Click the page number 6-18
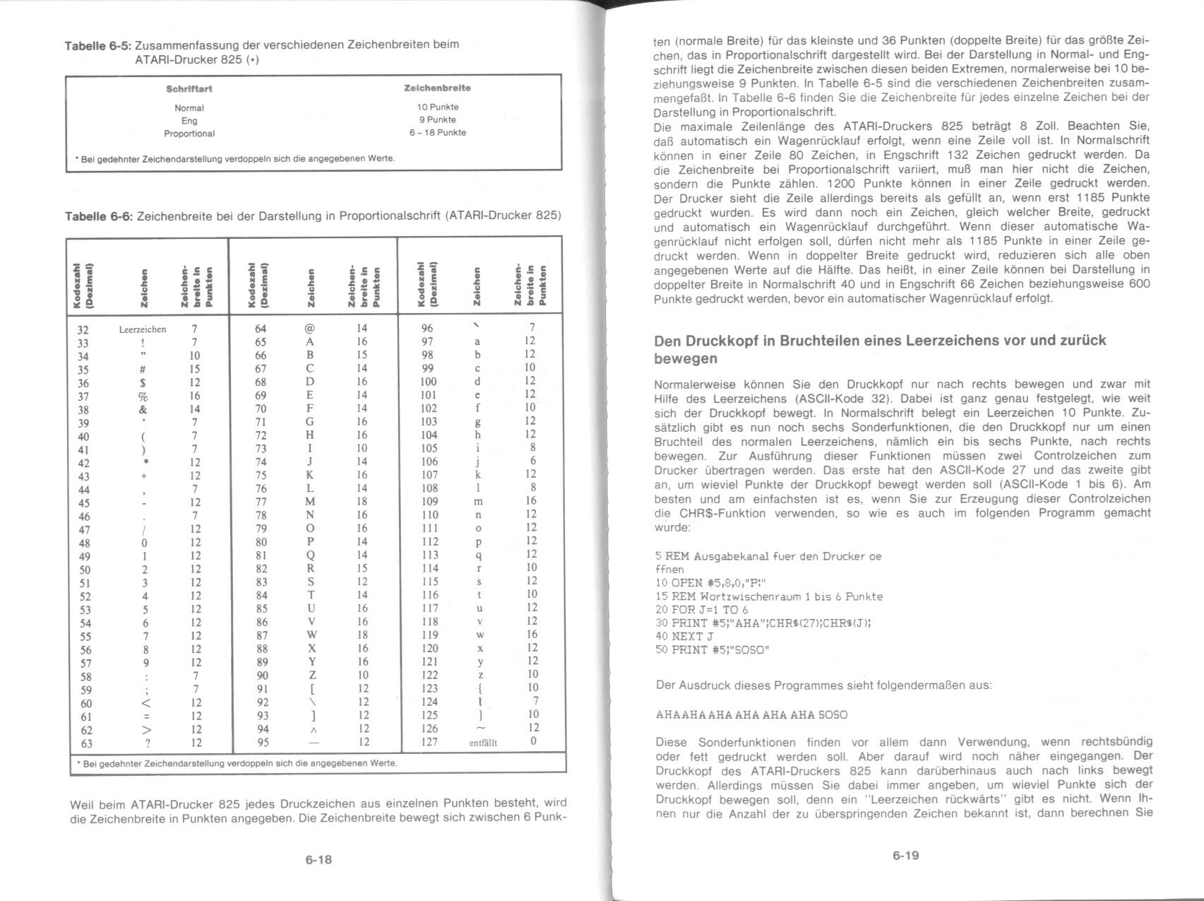point(318,860)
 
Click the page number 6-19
point(905,856)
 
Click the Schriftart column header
point(189,89)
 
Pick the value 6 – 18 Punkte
point(437,133)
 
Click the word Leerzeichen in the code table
point(143,329)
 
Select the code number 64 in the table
point(261,329)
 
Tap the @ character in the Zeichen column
point(309,329)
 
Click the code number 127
point(429,742)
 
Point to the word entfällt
point(483,743)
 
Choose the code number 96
point(427,329)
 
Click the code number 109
point(429,501)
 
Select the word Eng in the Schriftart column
point(189,121)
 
